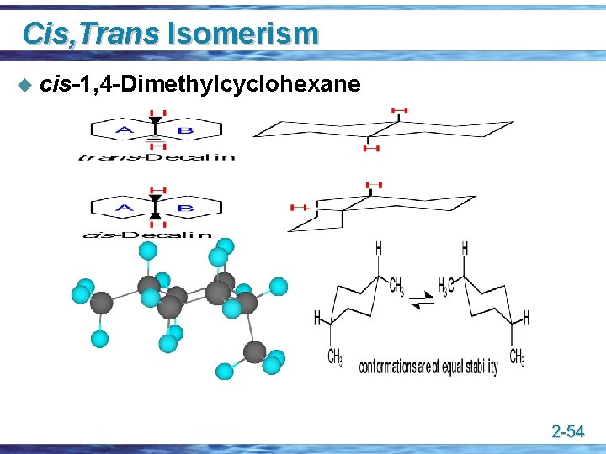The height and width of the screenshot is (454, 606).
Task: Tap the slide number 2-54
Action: [567, 432]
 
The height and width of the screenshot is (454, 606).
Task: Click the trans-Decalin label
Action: [157, 156]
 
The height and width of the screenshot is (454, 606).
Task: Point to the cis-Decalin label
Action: [148, 235]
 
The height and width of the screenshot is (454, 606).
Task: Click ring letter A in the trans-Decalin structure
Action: [125, 129]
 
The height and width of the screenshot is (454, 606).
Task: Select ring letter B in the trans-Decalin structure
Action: [187, 129]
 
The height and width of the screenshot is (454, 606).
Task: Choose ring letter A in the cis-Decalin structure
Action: [125, 208]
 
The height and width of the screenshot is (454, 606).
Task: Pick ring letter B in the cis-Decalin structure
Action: [187, 208]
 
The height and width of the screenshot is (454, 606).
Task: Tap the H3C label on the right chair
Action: [446, 285]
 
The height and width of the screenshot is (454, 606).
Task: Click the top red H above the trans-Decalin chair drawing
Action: [400, 111]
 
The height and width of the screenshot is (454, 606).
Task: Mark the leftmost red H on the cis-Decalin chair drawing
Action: [298, 207]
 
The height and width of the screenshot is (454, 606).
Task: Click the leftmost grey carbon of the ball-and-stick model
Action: [102, 302]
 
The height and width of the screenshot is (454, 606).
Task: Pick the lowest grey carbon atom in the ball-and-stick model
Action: [254, 351]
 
